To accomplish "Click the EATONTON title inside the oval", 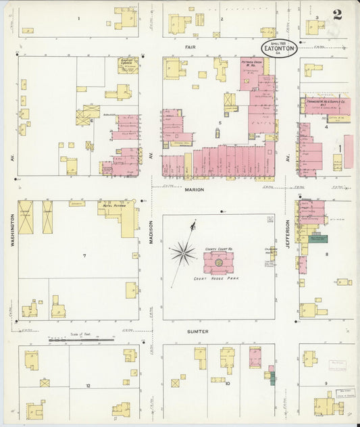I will (278, 49).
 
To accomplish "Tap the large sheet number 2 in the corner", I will (336, 13).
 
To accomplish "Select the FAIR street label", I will (190, 47).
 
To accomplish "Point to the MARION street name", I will (194, 190).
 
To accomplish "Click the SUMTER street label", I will (198, 332).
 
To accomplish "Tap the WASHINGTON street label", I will (12, 233).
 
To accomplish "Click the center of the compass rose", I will (182, 253).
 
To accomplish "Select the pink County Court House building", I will (218, 260).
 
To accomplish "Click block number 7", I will (84, 256).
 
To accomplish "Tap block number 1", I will (78, 18).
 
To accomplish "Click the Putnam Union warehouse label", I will (255, 65).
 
